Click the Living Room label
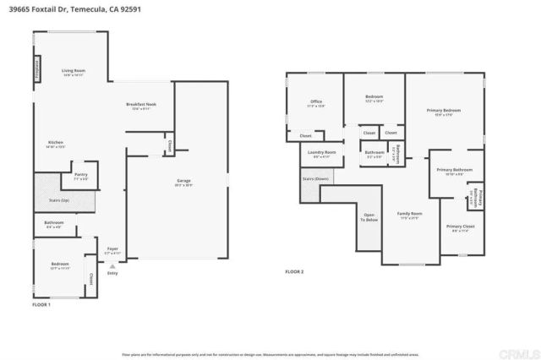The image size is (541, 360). [74, 71]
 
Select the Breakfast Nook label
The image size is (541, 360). [141, 105]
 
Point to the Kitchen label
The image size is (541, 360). [56, 143]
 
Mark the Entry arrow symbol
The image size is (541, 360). [112, 265]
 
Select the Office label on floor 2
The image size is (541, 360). [315, 101]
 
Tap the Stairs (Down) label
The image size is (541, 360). [315, 179]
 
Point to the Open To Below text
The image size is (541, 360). [369, 217]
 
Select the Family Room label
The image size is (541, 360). [409, 215]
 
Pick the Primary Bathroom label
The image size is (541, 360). [454, 171]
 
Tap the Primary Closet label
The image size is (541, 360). [460, 227]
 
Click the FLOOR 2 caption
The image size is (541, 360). [293, 271]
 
